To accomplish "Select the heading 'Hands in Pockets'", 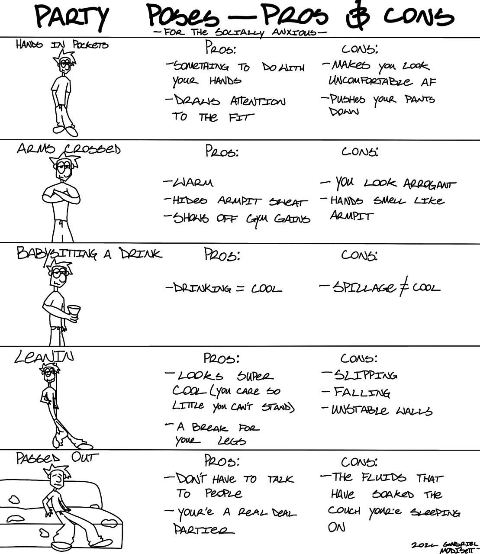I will pyautogui.click(x=62, y=45).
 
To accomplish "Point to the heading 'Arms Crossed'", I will pyautogui.click(x=68, y=149).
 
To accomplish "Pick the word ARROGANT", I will pyautogui.click(x=428, y=184).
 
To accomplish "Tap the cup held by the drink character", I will pyautogui.click(x=74, y=312).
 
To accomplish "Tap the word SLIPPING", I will pyautogui.click(x=364, y=375).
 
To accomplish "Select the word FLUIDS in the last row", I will pyautogui.click(x=383, y=478).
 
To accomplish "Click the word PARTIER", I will pyautogui.click(x=200, y=530).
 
